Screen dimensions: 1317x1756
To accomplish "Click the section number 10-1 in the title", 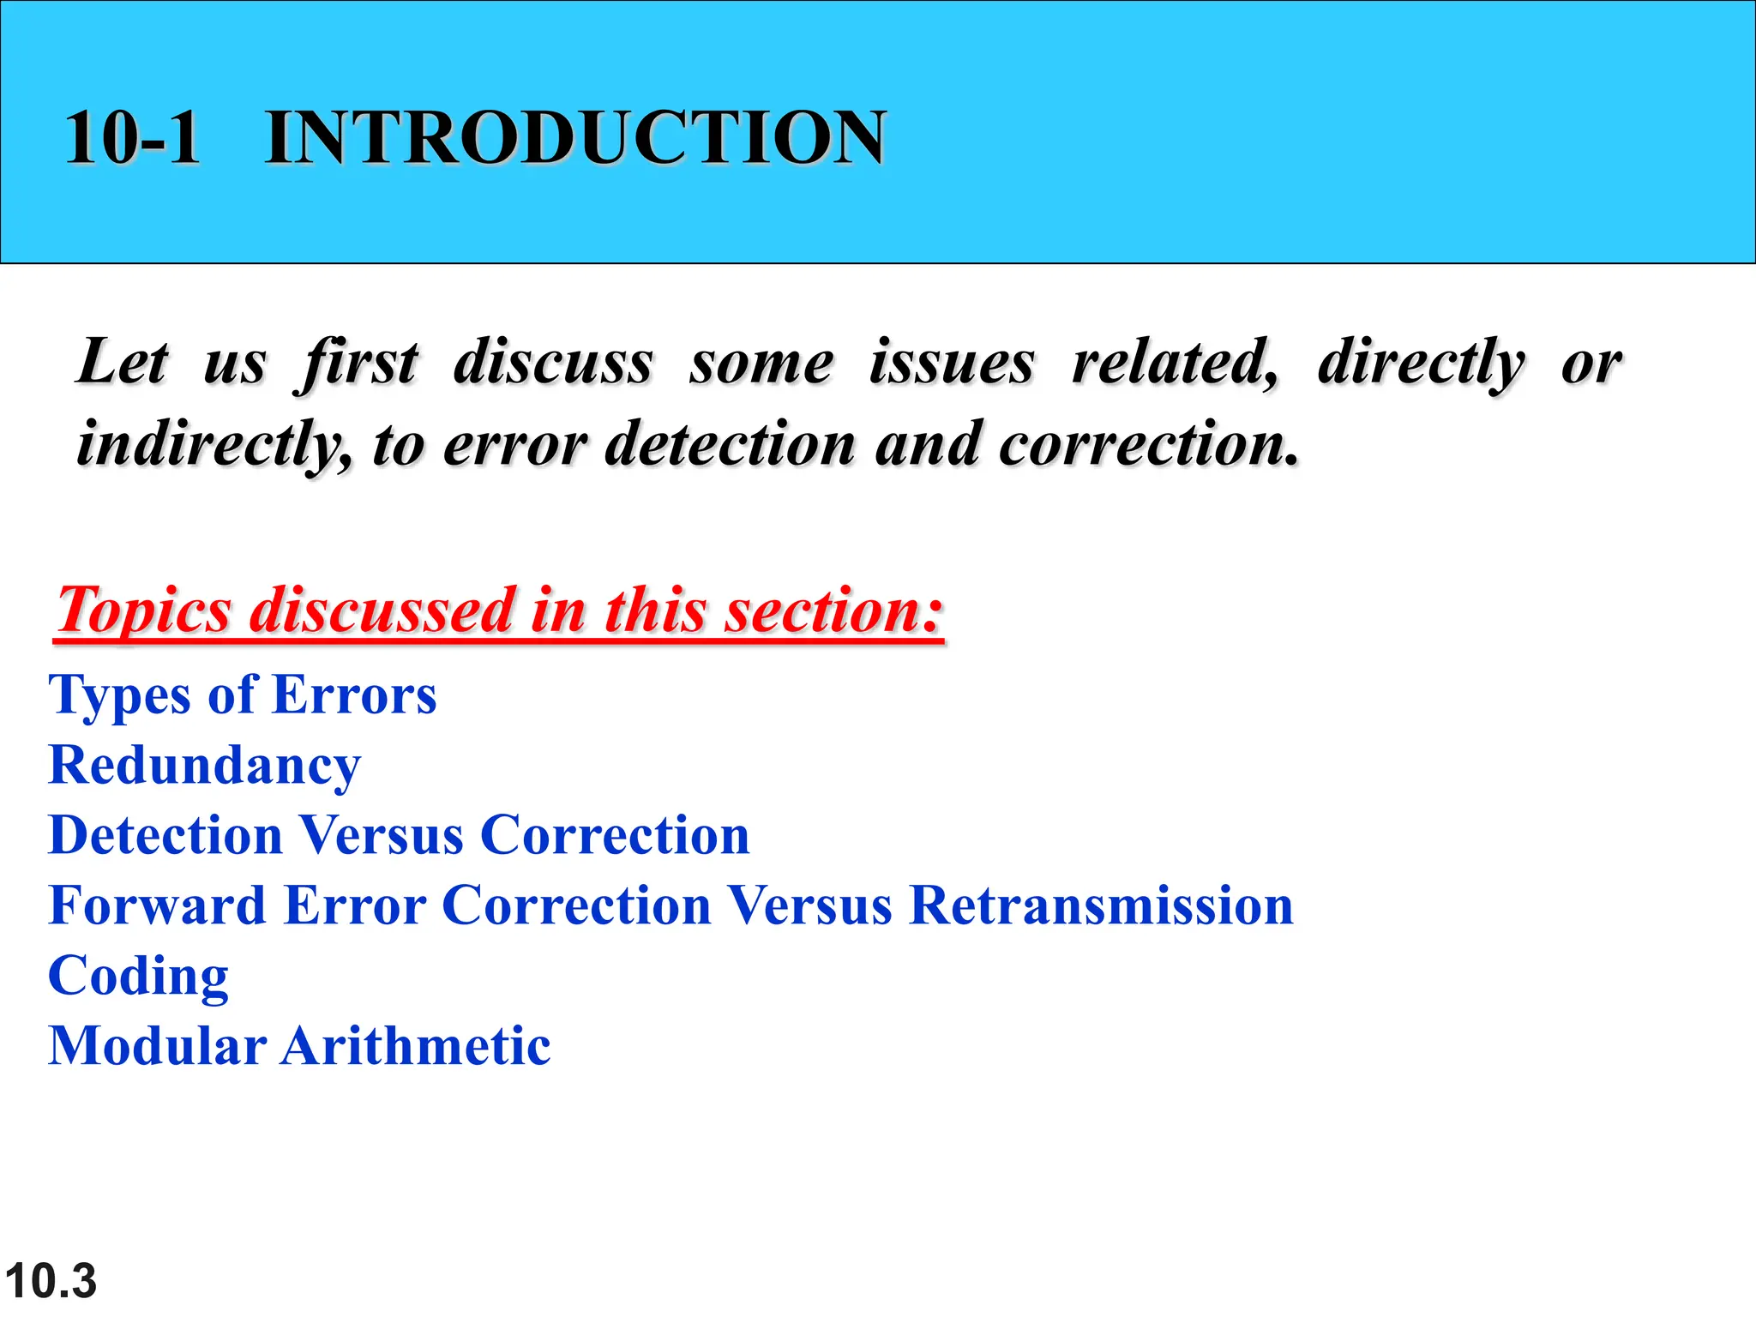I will point(133,137).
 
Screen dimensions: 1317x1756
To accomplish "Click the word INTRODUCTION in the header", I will point(575,137).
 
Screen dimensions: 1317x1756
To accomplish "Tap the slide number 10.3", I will point(51,1281).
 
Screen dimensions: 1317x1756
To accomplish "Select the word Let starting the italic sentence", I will point(123,362).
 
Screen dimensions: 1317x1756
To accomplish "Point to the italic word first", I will point(358,364).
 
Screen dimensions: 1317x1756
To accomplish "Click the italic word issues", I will point(951,362).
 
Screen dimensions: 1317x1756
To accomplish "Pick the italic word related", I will point(1175,362).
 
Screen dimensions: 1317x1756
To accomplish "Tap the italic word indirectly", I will point(213,444).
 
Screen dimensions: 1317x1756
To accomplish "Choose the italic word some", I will point(761,364).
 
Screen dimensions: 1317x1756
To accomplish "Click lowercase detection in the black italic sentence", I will point(730,444).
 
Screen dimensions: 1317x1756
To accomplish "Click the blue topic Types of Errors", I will point(243,695).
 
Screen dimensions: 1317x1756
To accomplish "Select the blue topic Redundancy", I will point(205,766).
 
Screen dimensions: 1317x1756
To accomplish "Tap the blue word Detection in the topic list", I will point(165,835).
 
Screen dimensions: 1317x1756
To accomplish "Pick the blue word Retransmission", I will point(1101,905).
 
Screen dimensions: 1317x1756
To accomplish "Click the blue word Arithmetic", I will point(416,1046).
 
